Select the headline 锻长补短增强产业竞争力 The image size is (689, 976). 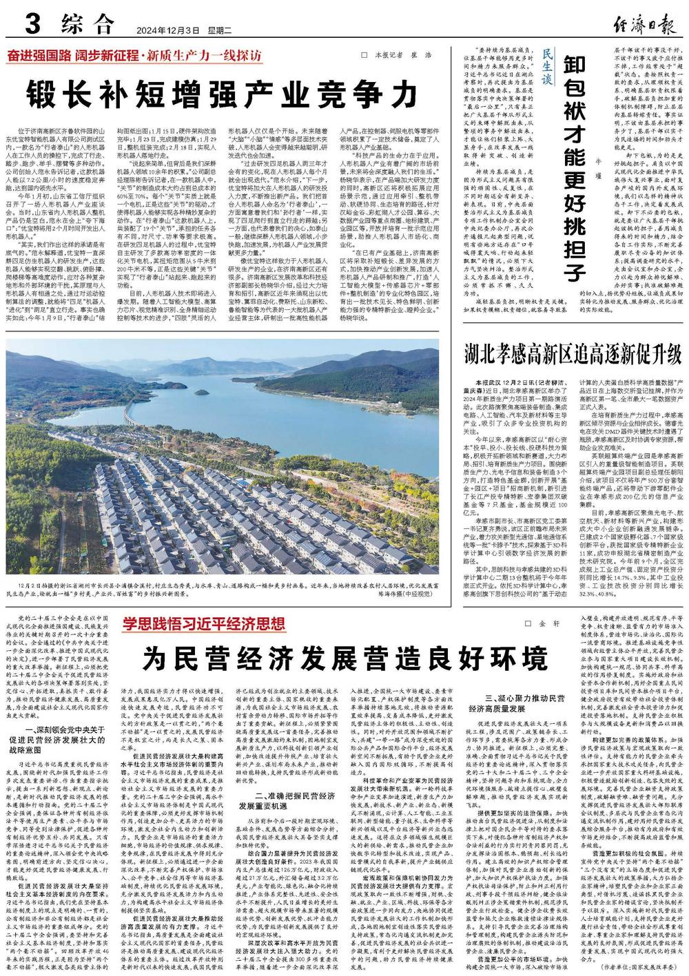click(223, 92)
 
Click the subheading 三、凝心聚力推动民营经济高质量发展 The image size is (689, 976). click(515, 703)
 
